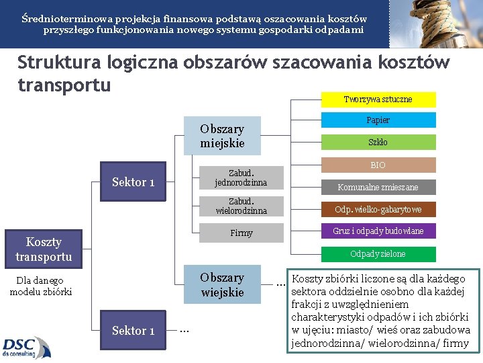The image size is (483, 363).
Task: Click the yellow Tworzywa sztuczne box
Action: click(x=378, y=99)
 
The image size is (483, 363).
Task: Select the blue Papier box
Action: click(x=378, y=120)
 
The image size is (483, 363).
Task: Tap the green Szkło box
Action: click(x=378, y=143)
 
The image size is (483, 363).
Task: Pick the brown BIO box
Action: click(x=378, y=165)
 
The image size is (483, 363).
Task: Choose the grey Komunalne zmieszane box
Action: click(x=378, y=188)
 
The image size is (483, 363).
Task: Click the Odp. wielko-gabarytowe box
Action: click(x=378, y=209)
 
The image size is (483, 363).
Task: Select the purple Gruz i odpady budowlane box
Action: click(x=378, y=231)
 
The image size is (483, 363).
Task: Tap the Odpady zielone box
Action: click(x=378, y=254)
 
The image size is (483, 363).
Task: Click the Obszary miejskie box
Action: click(x=222, y=136)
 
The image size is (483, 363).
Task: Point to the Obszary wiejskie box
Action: click(x=222, y=284)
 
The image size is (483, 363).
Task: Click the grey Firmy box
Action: click(x=240, y=233)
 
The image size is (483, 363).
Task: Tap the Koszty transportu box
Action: click(x=44, y=249)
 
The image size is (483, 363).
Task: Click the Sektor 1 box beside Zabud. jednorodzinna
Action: click(x=133, y=182)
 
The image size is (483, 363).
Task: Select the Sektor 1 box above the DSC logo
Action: click(x=133, y=330)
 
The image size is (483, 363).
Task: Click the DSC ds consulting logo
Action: click(x=26, y=347)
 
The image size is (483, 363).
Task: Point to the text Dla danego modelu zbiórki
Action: click(x=41, y=286)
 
